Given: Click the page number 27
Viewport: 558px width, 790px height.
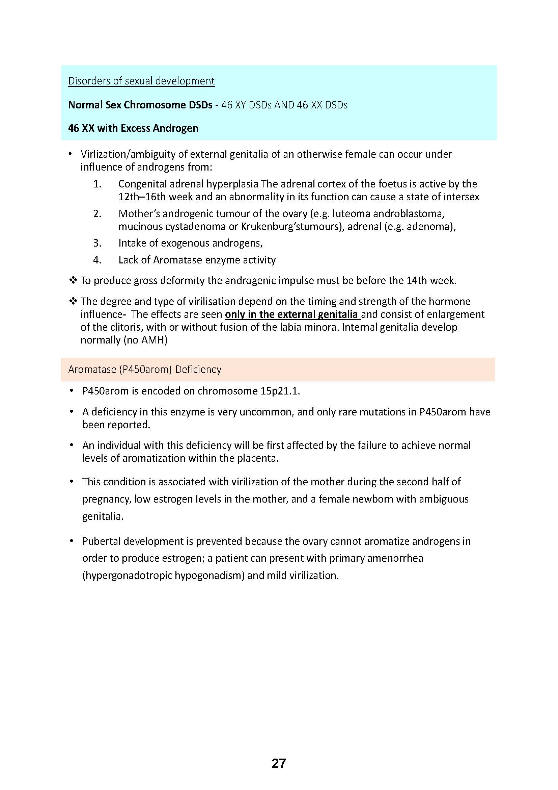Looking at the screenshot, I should point(279,754).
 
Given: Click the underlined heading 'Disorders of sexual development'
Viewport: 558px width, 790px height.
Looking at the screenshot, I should point(141,81).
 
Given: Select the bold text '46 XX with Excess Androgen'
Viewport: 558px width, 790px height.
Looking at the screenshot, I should point(133,128).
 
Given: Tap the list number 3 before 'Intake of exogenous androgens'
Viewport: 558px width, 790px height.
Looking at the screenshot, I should point(97,243).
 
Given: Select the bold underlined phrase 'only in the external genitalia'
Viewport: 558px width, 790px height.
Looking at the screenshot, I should point(292,314).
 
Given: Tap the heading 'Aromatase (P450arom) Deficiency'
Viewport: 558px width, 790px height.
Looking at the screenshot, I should point(145,369).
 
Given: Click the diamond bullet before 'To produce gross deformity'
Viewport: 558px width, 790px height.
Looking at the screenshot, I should point(73,281).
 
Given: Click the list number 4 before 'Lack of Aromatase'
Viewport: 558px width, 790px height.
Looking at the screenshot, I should point(97,260).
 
